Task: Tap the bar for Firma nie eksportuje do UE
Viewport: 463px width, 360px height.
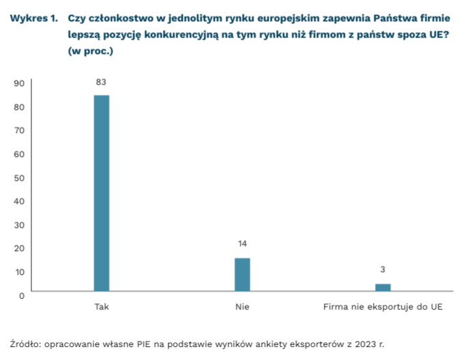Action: (x=383, y=287)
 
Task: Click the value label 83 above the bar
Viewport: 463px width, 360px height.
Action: (x=101, y=82)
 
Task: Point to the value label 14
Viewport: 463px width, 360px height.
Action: (x=242, y=243)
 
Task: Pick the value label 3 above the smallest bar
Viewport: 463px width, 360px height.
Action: (x=383, y=269)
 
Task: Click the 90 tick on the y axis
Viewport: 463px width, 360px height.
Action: (x=19, y=83)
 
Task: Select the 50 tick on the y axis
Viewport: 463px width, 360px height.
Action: (x=19, y=177)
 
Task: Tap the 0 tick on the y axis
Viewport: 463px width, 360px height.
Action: (x=22, y=295)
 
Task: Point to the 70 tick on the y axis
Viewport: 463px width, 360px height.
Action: (x=19, y=130)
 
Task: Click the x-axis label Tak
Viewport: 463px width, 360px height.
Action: (x=101, y=307)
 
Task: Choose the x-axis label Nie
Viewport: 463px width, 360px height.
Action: (x=242, y=307)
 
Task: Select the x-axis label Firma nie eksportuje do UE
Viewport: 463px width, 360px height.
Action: (x=383, y=307)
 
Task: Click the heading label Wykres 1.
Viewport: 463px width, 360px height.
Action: (x=33, y=18)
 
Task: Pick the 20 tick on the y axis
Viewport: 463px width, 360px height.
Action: (x=19, y=248)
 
